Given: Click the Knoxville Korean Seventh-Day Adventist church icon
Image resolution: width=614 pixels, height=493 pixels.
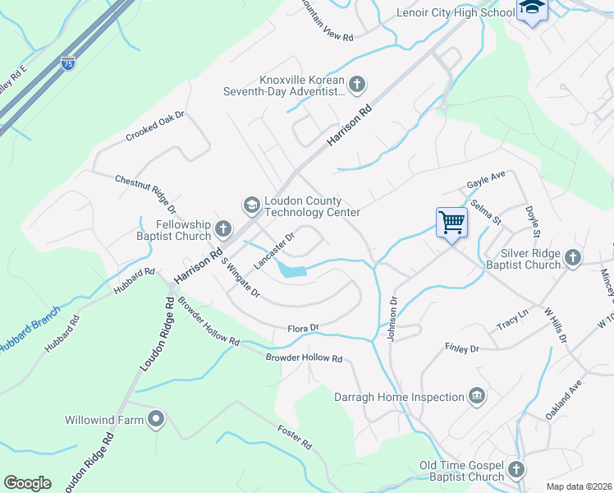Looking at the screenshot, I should (x=356, y=84).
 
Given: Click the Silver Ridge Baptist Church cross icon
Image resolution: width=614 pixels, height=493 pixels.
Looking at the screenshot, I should (x=573, y=258).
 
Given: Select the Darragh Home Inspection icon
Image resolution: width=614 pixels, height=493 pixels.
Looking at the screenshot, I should (x=476, y=398).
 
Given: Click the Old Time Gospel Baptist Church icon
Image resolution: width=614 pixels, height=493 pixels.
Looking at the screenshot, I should (x=515, y=470).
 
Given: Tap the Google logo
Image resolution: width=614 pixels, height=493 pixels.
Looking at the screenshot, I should (x=27, y=482).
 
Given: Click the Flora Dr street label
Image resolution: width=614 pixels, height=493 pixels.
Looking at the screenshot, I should (x=302, y=329).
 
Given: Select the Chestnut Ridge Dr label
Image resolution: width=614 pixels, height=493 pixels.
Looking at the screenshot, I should (x=145, y=194).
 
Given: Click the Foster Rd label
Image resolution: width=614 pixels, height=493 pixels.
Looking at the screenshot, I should (x=295, y=437).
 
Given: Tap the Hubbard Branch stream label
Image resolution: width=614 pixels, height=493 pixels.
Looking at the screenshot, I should (x=30, y=330).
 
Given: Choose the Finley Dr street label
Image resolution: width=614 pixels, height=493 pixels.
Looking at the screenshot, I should (x=461, y=349).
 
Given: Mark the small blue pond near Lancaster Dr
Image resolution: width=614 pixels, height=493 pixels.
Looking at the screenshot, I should (x=291, y=269).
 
